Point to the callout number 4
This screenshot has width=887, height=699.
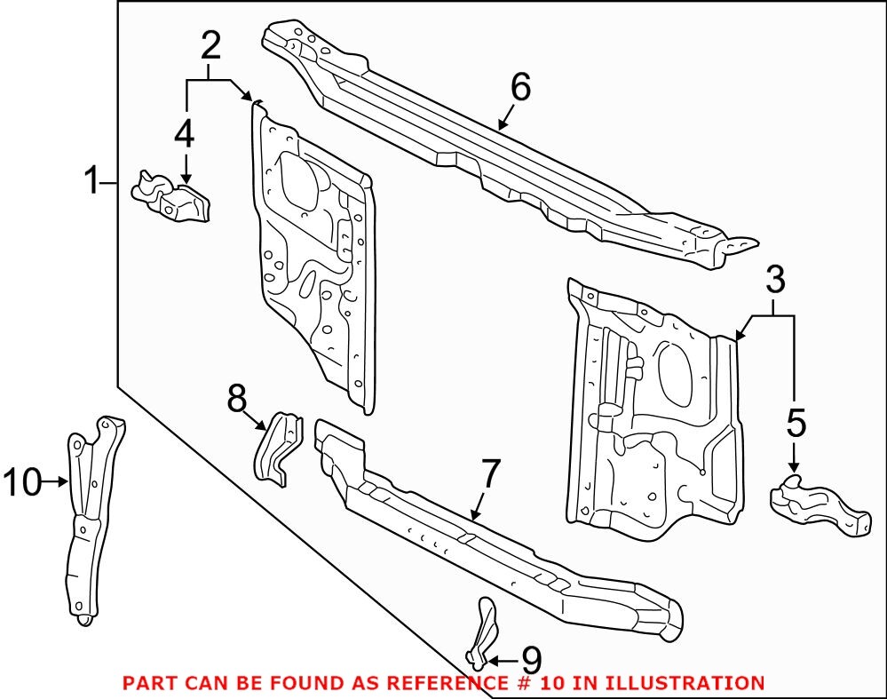click(184, 134)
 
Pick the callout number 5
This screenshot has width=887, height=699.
click(796, 424)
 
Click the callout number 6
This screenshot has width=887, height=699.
click(520, 87)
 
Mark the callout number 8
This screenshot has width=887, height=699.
click(237, 399)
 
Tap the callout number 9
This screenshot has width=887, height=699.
click(530, 660)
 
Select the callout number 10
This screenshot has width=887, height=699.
click(22, 482)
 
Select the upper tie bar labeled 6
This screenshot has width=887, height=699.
click(497, 151)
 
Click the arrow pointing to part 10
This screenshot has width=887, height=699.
click(59, 482)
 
